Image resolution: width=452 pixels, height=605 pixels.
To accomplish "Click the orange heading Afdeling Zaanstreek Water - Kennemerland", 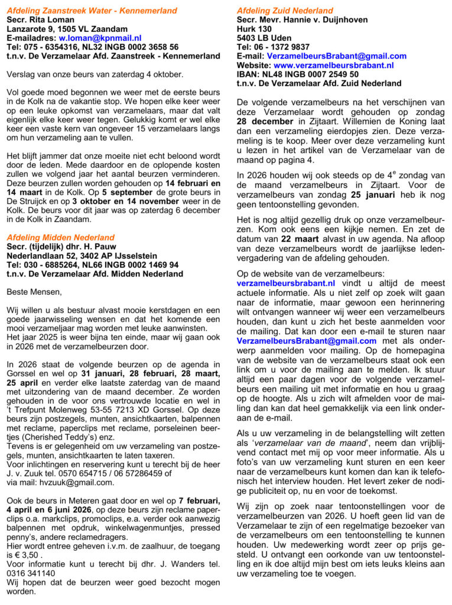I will click(x=92, y=11).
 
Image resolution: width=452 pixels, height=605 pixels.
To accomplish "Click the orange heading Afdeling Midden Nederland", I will click(x=61, y=238).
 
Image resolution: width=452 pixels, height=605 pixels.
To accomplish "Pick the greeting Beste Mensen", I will click(x=34, y=292).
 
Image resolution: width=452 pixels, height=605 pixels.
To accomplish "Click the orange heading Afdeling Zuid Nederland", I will click(x=285, y=11).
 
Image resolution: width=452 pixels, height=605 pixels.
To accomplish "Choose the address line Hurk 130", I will click(x=254, y=28).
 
